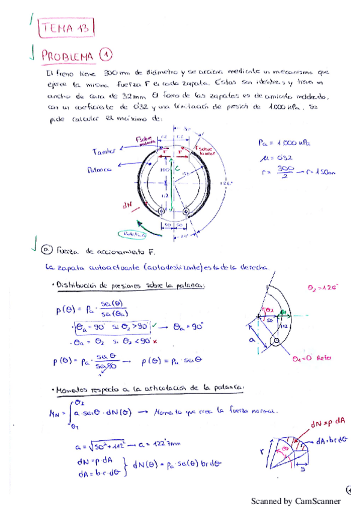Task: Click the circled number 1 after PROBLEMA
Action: point(105,55)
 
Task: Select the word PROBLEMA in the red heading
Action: point(68,56)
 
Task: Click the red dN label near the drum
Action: point(127,204)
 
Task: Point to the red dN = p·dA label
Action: point(326,425)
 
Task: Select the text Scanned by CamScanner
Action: point(295,501)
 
